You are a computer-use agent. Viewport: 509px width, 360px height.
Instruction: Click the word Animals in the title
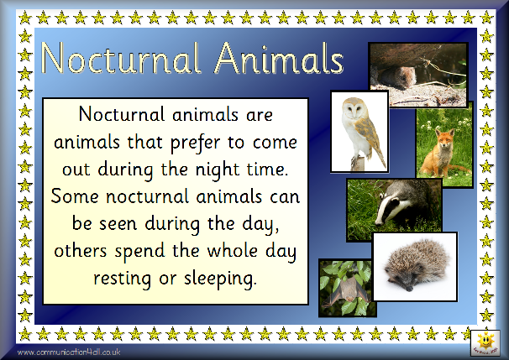coord(279,59)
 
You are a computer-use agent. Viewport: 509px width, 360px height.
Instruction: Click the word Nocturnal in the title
coord(121,59)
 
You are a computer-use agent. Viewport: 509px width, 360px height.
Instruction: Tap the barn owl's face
coord(352,108)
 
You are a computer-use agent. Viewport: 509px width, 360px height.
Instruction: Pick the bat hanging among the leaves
coord(346,290)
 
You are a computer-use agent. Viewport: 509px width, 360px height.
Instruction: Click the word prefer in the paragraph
coord(195,143)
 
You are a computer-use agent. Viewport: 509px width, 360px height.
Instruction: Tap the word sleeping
coord(220,279)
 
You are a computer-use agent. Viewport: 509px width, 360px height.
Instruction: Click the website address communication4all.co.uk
coord(69,352)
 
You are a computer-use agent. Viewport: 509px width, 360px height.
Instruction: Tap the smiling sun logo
coord(485,342)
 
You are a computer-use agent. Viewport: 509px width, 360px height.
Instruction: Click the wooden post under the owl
coord(358,164)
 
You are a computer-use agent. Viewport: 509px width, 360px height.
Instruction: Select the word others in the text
coord(81,251)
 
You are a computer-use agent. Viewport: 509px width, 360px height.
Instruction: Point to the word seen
coord(118,224)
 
